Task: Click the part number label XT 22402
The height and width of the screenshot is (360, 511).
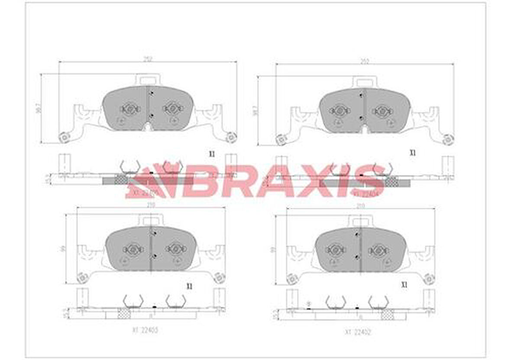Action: coord(358,332)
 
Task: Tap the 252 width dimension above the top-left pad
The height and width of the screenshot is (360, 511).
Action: coord(148,59)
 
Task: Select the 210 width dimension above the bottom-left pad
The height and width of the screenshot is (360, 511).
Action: coord(151,205)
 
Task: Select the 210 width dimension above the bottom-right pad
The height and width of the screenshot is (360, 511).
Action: coord(360,207)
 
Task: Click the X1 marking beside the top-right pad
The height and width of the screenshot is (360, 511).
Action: coord(413,153)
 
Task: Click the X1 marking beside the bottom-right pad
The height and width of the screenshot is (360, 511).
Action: coord(404,285)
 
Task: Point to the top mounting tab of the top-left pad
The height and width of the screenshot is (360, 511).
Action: coord(148,80)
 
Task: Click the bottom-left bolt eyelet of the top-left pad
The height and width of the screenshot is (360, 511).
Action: coord(65,137)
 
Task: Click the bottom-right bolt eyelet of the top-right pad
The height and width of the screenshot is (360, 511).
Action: coord(448,139)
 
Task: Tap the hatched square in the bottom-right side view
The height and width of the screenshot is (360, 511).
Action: coord(387,315)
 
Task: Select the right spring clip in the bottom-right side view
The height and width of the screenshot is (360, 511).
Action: coord(378,302)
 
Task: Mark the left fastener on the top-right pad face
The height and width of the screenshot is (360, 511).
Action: coord(340,111)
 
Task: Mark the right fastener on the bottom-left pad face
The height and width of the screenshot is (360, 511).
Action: coord(176,248)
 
